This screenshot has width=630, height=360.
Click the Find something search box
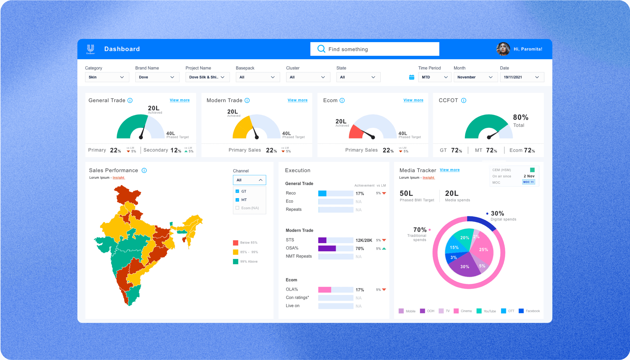click(x=374, y=49)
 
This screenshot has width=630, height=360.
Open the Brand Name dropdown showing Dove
click(x=157, y=77)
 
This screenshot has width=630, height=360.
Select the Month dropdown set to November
click(x=476, y=77)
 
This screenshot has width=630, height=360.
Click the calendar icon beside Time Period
click(x=412, y=77)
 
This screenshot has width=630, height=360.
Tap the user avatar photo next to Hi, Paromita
click(x=503, y=49)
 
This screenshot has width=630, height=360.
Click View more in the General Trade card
click(x=180, y=100)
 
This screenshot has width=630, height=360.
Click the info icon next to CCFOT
click(x=464, y=100)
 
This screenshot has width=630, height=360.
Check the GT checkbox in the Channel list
click(x=237, y=191)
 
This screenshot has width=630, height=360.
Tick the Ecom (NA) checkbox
click(x=237, y=208)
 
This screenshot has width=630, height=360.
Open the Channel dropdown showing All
click(x=249, y=180)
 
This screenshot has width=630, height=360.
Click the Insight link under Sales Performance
click(x=119, y=178)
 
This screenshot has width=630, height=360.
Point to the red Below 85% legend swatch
click(x=236, y=243)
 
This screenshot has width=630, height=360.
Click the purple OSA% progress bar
click(x=327, y=249)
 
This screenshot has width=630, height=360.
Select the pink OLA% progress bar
click(x=325, y=290)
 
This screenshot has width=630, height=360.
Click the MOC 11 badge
click(x=528, y=182)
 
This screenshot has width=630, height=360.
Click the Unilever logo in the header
click(x=91, y=49)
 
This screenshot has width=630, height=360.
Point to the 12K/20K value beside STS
click(x=364, y=240)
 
